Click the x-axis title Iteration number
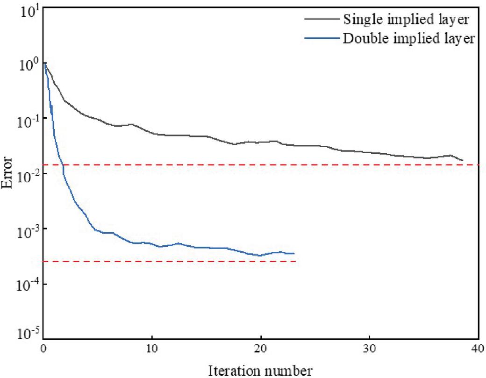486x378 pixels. pyautogui.click(x=261, y=371)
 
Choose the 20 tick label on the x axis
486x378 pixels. pyautogui.click(x=261, y=348)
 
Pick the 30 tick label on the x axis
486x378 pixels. pyautogui.click(x=370, y=348)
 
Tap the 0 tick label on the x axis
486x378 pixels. pyautogui.click(x=43, y=348)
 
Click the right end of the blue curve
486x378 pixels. pyautogui.click(x=294, y=254)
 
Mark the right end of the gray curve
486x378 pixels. pyautogui.click(x=463, y=161)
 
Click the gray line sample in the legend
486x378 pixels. pyautogui.click(x=322, y=19)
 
